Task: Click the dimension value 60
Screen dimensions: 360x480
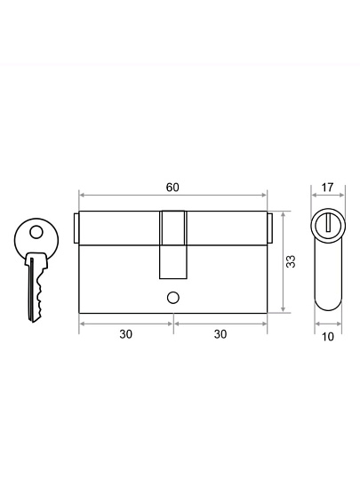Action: (172, 188)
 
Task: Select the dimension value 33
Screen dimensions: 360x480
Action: (291, 261)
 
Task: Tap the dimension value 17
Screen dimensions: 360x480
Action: (327, 188)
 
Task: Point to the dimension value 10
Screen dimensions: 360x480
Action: (327, 337)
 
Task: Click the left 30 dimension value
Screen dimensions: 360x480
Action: (126, 334)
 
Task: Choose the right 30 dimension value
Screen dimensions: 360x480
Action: (220, 334)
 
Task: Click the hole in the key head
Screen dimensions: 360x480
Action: (36, 232)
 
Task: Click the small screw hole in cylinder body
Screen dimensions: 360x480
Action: (173, 298)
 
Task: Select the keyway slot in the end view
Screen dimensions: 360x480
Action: (329, 223)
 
